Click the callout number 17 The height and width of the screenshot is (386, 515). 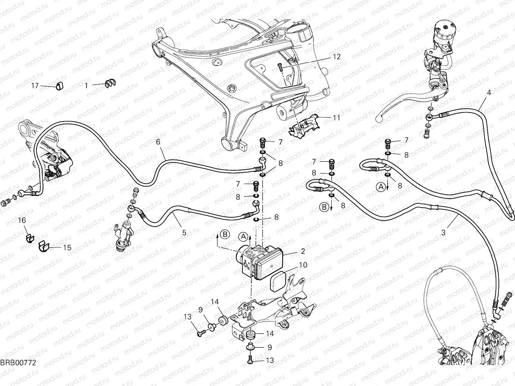[35, 86]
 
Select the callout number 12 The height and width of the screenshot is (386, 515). [336, 57]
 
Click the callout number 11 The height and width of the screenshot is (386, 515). [336, 118]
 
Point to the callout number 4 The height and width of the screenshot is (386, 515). [489, 92]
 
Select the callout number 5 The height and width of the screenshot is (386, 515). [184, 232]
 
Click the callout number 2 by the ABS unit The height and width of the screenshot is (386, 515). [303, 252]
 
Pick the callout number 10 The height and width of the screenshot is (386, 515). [303, 265]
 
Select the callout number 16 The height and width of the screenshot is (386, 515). [22, 221]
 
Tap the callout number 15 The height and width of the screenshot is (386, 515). [67, 248]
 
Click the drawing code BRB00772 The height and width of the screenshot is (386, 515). [18, 372]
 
